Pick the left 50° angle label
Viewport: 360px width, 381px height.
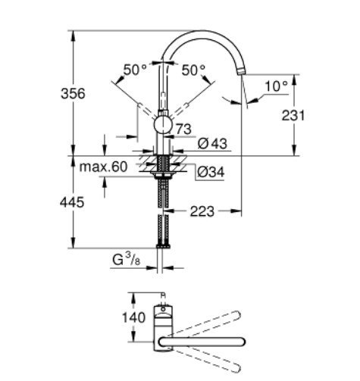point(136,69)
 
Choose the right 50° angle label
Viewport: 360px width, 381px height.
point(194,69)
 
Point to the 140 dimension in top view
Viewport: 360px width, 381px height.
point(133,317)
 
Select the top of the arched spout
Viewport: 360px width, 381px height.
point(205,33)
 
